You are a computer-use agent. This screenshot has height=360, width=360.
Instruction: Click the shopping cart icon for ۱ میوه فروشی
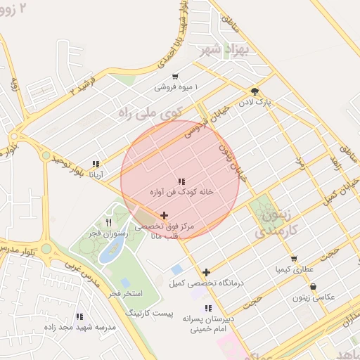click(175, 77)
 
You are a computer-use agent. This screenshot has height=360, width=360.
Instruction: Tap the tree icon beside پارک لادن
click(255, 91)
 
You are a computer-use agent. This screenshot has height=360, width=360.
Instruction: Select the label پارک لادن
click(258, 103)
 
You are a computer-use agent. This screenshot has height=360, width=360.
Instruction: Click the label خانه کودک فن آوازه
click(181, 192)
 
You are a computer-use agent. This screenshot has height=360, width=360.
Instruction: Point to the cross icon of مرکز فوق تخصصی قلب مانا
click(165, 216)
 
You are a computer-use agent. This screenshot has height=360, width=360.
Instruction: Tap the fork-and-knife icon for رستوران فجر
click(108, 223)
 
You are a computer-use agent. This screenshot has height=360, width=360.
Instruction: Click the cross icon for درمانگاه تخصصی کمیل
click(206, 272)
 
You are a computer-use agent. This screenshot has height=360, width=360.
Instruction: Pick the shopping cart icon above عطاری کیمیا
click(293, 259)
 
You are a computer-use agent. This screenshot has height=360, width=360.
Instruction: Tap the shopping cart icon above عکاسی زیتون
click(313, 286)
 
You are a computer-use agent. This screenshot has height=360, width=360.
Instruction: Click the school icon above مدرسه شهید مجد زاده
click(79, 317)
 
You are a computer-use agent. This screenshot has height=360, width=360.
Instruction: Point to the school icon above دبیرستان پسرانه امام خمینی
click(207, 308)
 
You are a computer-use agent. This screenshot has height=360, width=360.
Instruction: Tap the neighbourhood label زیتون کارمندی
click(275, 220)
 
